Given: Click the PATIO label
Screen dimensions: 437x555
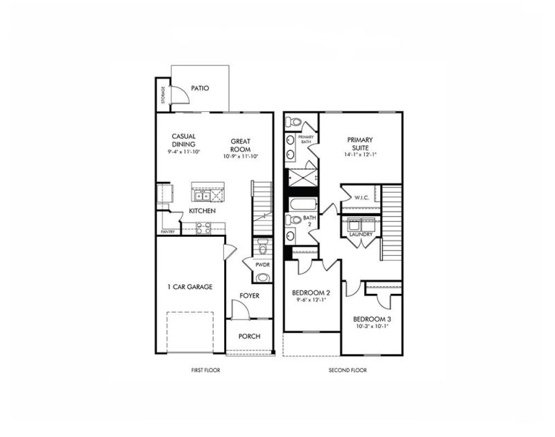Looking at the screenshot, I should (x=201, y=88).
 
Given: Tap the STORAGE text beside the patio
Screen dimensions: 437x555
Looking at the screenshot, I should (x=163, y=94).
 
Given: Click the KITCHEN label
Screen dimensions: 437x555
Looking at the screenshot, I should (x=202, y=211).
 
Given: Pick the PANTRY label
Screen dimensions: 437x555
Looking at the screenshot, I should (x=167, y=231).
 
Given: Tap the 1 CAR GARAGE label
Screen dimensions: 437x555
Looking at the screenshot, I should (x=189, y=287).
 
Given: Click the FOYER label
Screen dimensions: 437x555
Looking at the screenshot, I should (x=250, y=295).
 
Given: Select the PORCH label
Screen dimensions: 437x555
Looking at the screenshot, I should (x=249, y=336).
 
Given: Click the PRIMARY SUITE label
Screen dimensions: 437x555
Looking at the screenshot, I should (x=360, y=142).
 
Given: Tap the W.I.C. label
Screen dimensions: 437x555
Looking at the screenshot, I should (x=361, y=197).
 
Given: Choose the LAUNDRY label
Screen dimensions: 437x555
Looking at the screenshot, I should (x=361, y=235).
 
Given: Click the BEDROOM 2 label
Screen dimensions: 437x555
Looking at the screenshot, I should (x=311, y=293).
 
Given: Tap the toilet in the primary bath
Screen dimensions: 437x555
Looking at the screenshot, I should (x=292, y=123).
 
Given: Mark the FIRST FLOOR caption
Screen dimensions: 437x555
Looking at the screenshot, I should (x=205, y=370).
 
